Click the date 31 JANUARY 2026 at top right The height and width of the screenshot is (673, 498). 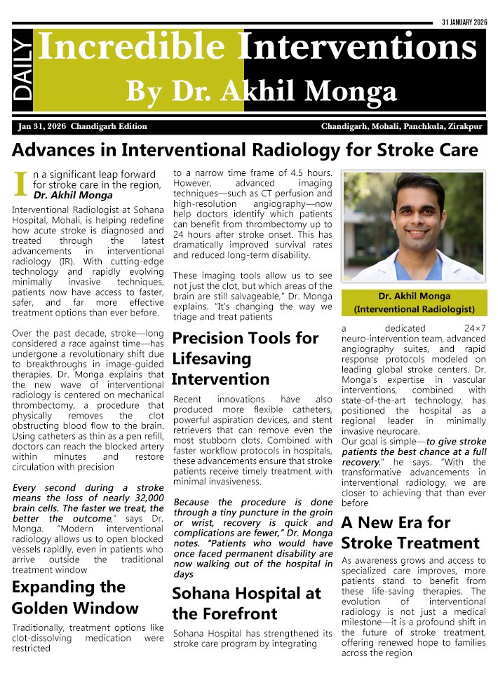[x=464, y=22]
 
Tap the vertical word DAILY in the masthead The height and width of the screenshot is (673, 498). [x=22, y=69]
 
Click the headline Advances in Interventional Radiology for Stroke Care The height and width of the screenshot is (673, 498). [x=245, y=150]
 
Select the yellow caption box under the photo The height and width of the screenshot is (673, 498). [x=413, y=302]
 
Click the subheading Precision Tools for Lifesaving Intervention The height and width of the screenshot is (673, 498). [x=245, y=358]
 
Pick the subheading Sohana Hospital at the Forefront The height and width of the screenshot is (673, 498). [x=246, y=604]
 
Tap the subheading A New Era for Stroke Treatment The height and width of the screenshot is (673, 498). [x=410, y=532]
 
